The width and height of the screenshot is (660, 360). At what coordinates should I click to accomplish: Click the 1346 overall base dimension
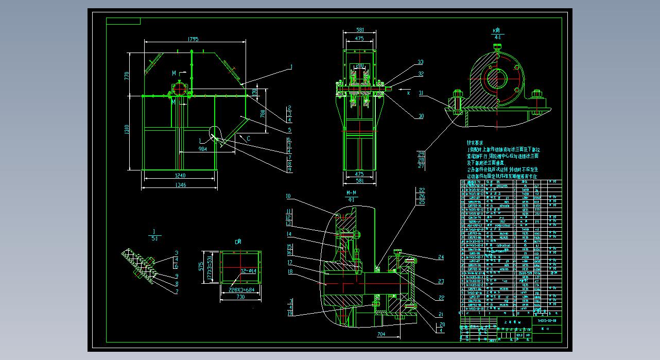180,185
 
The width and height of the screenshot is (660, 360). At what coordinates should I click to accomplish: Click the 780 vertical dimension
262,113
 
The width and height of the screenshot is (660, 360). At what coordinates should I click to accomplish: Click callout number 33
421,62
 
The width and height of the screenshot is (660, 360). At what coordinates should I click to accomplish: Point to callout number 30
421,116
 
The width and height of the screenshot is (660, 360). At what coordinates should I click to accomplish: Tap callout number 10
288,196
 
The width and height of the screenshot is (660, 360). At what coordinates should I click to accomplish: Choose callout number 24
441,257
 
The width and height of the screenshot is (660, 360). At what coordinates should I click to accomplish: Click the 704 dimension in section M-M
381,334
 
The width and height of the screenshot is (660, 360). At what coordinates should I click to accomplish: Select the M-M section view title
352,193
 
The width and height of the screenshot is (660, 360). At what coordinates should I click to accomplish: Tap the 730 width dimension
240,297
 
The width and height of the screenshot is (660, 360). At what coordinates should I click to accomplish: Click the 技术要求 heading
476,143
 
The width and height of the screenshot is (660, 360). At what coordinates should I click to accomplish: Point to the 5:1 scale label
154,238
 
